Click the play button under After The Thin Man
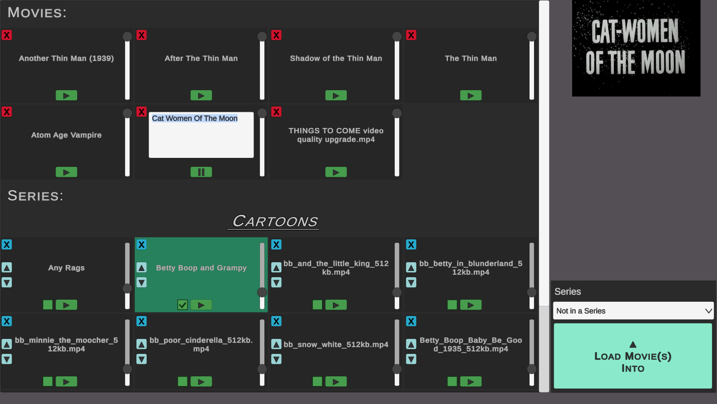click(x=201, y=95)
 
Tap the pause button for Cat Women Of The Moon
click(x=201, y=172)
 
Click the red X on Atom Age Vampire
click(x=7, y=112)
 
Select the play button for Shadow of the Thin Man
click(x=336, y=95)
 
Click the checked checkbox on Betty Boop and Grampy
click(x=183, y=305)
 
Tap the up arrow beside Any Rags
click(x=7, y=267)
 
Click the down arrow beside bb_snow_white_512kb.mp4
click(x=276, y=359)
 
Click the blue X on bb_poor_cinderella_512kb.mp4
click(x=142, y=321)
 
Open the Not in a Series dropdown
click(x=633, y=311)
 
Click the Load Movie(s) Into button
click(x=633, y=356)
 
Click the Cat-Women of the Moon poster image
click(x=636, y=48)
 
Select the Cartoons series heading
click(x=275, y=221)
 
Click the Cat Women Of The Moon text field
click(x=201, y=135)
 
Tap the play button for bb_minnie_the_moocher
click(x=66, y=382)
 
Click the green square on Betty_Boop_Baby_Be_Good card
click(x=452, y=382)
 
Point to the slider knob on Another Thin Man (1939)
click(x=127, y=36)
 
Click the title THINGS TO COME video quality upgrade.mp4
click(x=336, y=135)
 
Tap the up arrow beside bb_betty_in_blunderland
click(x=411, y=267)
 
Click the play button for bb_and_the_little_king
click(x=336, y=305)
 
